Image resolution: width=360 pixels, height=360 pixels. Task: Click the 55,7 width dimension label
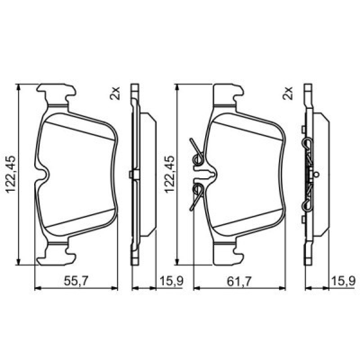[76, 281]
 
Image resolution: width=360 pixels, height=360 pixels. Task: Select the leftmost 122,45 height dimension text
[11, 175]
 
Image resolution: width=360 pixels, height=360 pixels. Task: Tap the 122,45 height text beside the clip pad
[170, 175]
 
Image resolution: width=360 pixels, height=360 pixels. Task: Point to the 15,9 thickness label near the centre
[171, 281]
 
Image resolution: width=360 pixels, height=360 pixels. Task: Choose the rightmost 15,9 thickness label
[343, 281]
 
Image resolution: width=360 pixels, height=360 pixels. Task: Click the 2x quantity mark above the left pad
[115, 93]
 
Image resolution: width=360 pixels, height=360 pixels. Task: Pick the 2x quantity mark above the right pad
[288, 93]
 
